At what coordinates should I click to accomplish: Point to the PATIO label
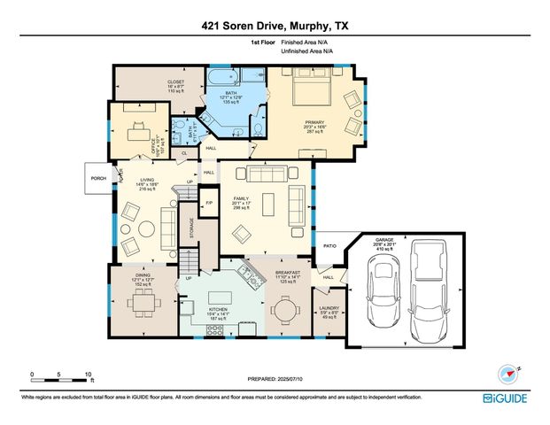pos(330,246)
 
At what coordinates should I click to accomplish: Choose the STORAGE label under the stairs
pos(190,228)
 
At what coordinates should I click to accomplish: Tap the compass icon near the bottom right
pos(508,374)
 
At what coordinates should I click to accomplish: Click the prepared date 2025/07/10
pos(275,379)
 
